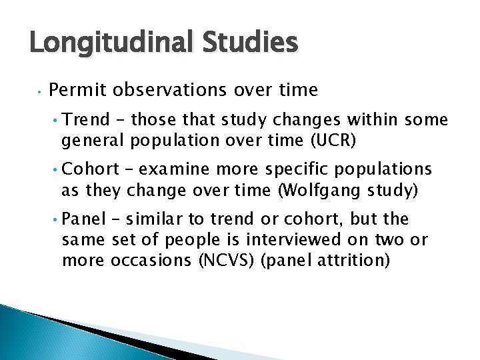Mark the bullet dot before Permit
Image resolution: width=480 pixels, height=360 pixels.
click(x=41, y=90)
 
